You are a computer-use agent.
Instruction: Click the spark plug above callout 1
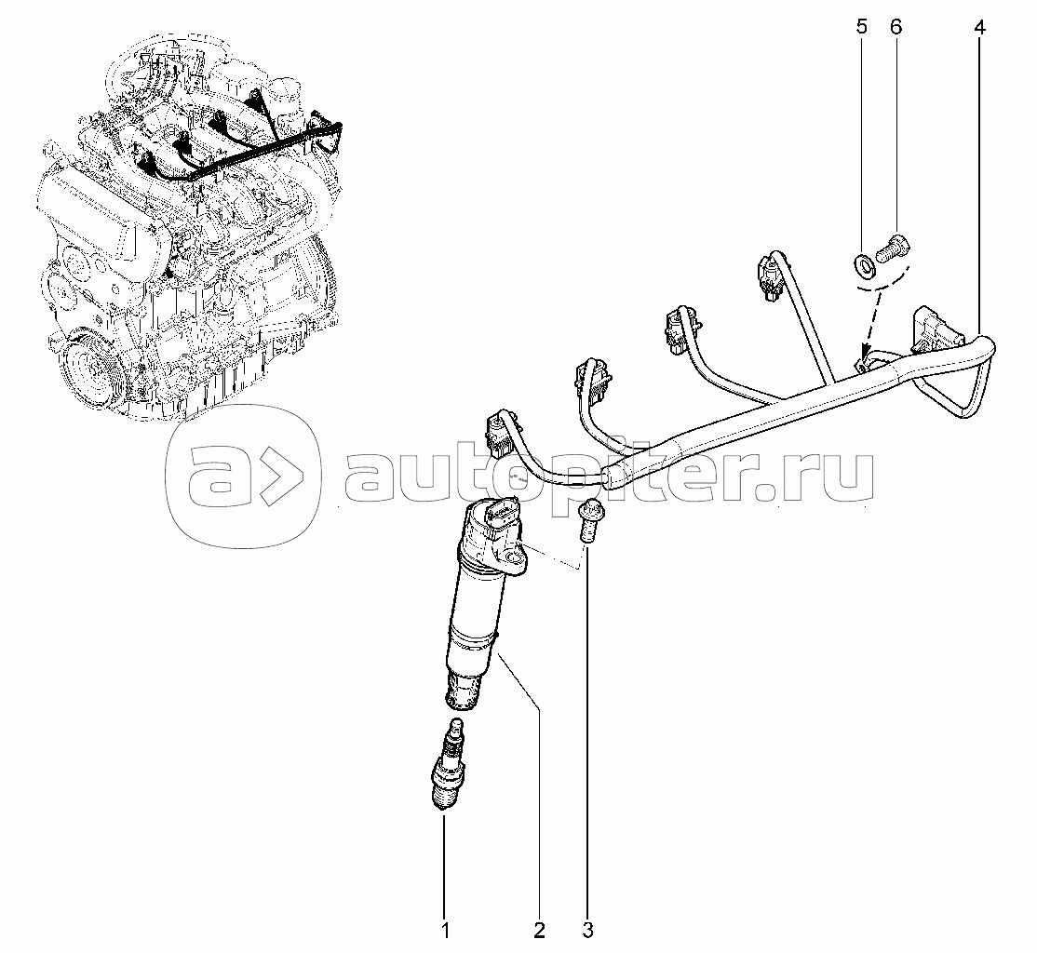click(448, 764)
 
